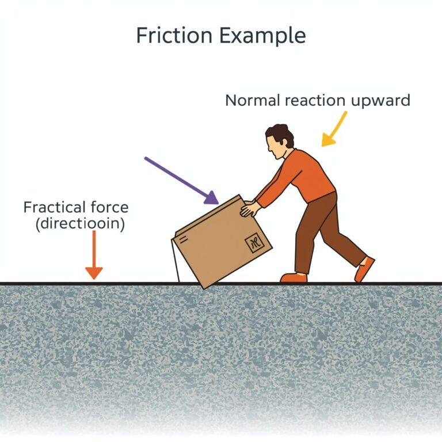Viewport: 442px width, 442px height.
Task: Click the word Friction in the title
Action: (174, 35)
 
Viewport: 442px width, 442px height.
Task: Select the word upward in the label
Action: (380, 101)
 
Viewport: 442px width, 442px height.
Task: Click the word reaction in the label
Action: (315, 101)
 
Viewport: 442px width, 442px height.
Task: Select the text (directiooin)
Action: (81, 224)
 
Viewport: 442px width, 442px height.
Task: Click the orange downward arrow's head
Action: (94, 273)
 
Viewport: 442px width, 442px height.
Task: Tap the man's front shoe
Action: (294, 277)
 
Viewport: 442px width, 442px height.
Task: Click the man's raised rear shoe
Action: (364, 269)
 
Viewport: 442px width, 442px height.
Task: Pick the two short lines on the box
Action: (184, 240)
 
